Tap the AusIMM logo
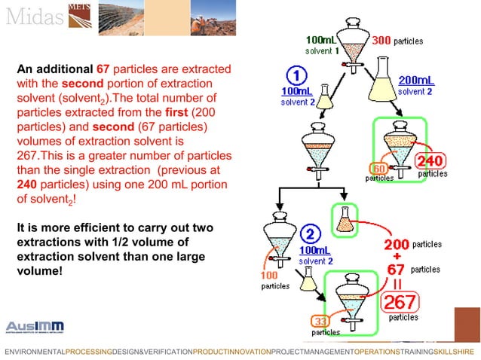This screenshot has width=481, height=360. (35, 326)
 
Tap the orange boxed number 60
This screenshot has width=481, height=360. (379, 167)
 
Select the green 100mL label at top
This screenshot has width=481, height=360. (320, 39)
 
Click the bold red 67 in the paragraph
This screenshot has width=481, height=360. (104, 69)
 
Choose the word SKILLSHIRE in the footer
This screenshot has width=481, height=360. (455, 352)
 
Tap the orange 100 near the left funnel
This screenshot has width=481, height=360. (269, 275)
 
